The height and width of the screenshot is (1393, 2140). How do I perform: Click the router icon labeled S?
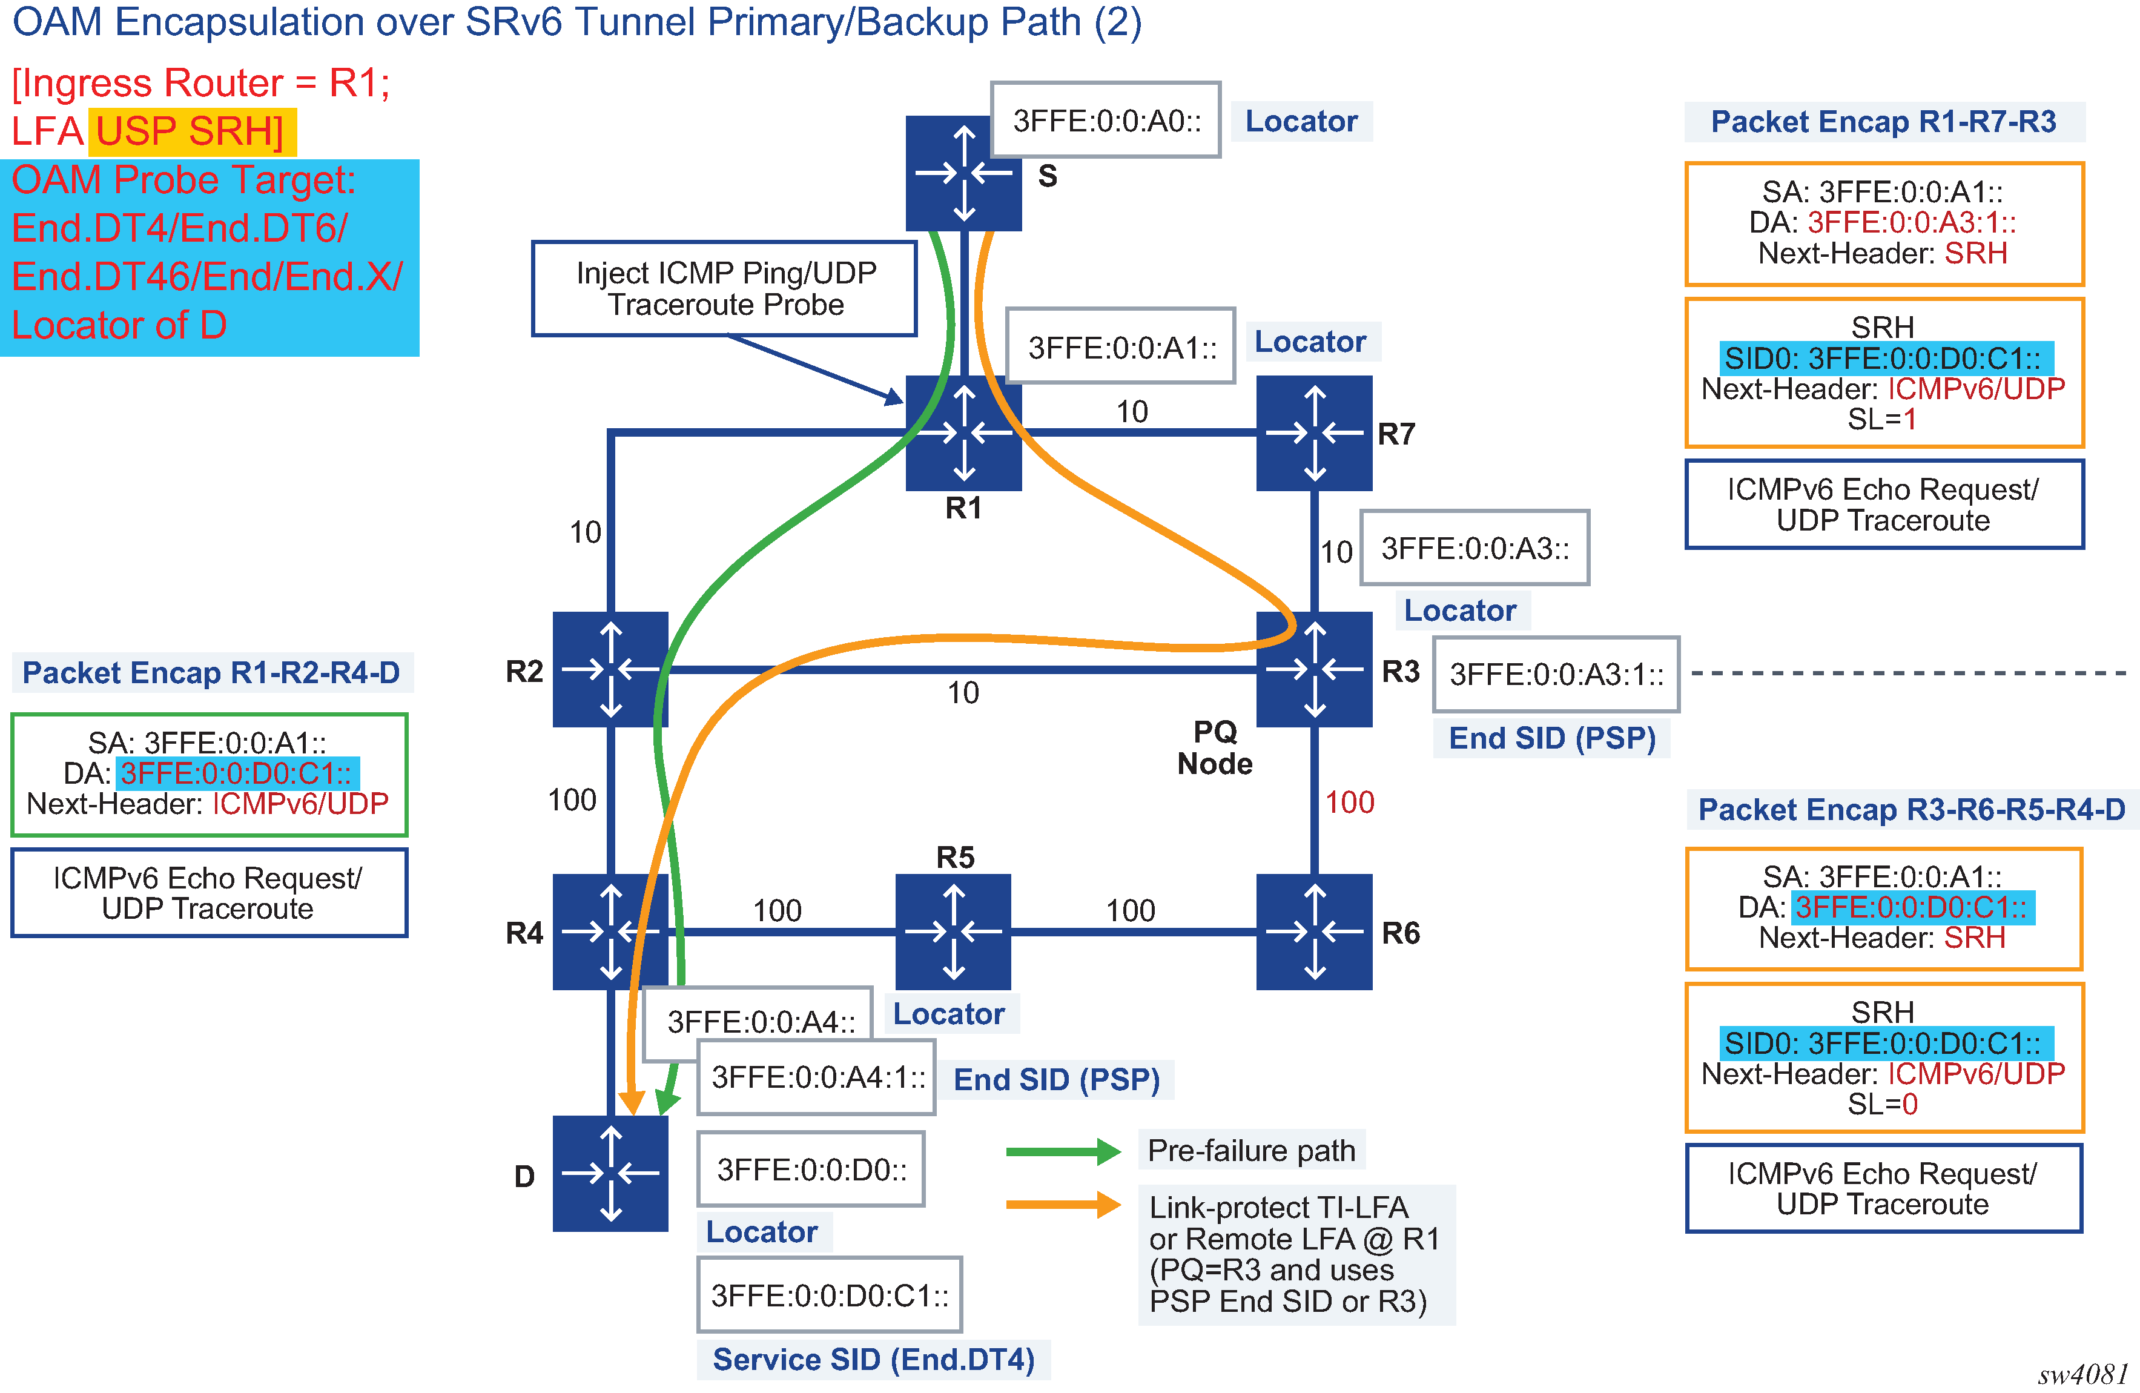(963, 174)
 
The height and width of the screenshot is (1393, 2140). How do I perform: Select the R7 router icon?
(1313, 432)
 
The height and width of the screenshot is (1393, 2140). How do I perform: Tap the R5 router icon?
(953, 931)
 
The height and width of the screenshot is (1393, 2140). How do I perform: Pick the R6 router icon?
(1313, 931)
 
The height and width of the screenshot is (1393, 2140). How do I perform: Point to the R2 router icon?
(610, 669)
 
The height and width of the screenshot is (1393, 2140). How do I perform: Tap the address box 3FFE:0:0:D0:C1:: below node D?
(829, 1295)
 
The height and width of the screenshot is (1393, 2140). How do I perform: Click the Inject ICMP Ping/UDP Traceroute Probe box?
(725, 289)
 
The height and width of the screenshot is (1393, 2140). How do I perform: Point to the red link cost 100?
(1350, 802)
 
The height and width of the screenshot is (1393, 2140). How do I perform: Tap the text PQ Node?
(1215, 747)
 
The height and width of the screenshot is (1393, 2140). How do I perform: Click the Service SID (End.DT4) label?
(873, 1359)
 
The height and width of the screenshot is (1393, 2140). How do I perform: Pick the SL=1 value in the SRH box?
(1883, 419)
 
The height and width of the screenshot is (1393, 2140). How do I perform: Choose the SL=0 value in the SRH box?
(1883, 1103)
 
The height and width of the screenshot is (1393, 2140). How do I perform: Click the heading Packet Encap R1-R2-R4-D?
(211, 673)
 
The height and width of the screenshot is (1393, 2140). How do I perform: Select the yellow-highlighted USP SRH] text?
(191, 131)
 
